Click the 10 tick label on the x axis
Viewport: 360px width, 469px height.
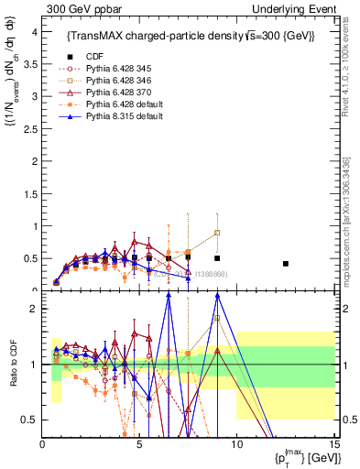point(236,444)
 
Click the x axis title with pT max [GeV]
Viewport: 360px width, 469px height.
point(301,458)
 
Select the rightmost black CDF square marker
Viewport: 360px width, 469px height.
point(286,264)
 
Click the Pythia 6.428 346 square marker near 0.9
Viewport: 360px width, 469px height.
point(217,233)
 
